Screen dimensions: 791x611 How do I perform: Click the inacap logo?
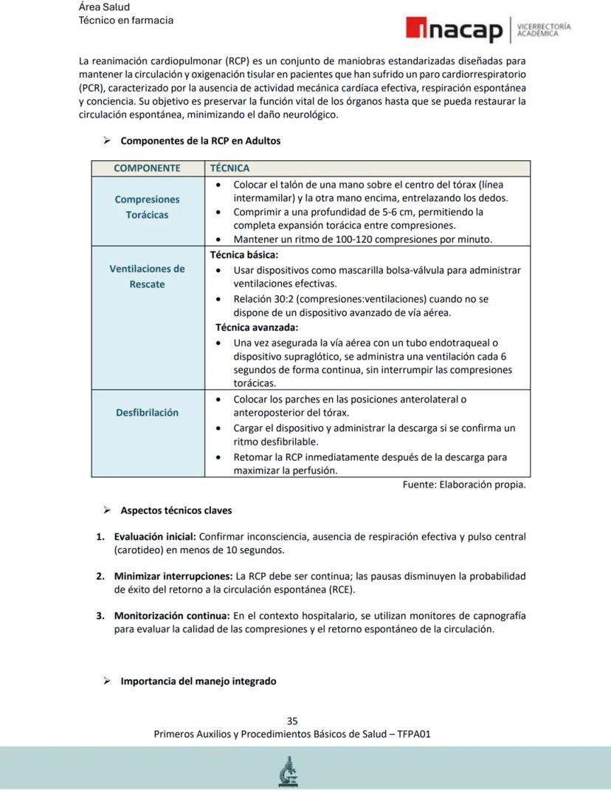click(453, 30)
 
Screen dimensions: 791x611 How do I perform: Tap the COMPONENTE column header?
click(147, 168)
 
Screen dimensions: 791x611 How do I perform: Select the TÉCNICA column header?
click(230, 168)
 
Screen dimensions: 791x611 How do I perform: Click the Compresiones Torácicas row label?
click(147, 207)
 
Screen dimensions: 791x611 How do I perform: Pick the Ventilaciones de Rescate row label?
click(147, 276)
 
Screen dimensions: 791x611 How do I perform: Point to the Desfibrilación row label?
click(147, 412)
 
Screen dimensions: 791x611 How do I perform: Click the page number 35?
click(292, 721)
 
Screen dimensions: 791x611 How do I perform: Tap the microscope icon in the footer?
click(289, 771)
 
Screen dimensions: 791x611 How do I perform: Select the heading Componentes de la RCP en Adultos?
click(200, 140)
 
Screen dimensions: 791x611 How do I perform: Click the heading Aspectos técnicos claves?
click(176, 510)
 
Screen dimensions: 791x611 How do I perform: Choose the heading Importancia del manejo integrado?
click(198, 681)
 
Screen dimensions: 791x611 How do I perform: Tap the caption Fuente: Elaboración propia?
click(464, 484)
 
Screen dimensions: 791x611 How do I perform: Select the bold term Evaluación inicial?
click(154, 536)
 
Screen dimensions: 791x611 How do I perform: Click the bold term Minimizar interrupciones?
click(173, 575)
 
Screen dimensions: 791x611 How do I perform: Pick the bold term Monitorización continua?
click(172, 615)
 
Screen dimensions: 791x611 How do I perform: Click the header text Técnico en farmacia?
click(126, 20)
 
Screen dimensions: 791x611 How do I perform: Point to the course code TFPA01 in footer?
click(414, 734)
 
